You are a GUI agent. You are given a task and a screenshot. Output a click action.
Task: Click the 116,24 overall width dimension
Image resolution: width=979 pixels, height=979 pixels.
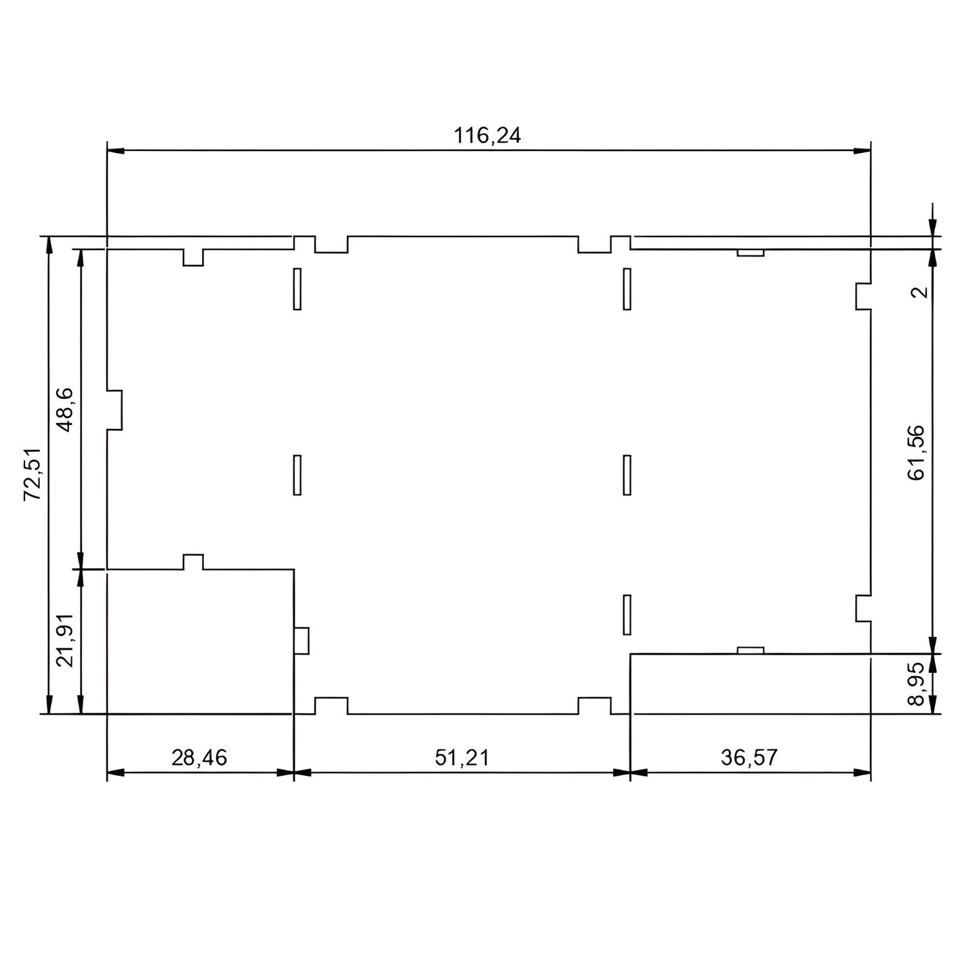pyautogui.click(x=486, y=136)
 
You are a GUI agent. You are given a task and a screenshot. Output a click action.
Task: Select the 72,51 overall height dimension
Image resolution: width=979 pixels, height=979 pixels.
pyautogui.click(x=32, y=474)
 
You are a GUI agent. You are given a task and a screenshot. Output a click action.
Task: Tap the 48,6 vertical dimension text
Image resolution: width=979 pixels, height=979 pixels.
pyautogui.click(x=64, y=410)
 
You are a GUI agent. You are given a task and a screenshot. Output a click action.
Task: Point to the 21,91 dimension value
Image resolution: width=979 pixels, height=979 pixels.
pyautogui.click(x=65, y=640)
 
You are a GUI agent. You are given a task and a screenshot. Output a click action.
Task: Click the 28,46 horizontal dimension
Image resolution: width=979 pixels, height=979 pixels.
pyautogui.click(x=199, y=757)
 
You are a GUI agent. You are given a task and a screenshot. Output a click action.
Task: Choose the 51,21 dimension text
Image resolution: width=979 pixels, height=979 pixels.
pyautogui.click(x=462, y=757)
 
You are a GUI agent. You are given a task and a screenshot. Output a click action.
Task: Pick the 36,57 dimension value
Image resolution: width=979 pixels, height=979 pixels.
pyautogui.click(x=749, y=757)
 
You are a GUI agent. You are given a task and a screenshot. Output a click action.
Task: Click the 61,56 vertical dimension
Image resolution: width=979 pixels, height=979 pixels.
pyautogui.click(x=916, y=453)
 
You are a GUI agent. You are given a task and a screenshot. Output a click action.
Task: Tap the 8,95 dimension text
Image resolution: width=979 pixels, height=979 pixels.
pyautogui.click(x=916, y=684)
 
